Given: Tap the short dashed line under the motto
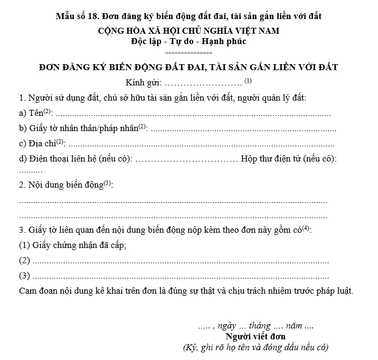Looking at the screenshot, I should point(188,53).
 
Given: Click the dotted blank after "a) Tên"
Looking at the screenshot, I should point(193,115).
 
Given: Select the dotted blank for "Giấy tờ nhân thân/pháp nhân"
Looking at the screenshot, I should point(243,130).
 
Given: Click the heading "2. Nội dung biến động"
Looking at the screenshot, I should point(61,185).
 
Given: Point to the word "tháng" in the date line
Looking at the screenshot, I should point(259,326).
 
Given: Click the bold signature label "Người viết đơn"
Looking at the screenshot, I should point(256,337).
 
